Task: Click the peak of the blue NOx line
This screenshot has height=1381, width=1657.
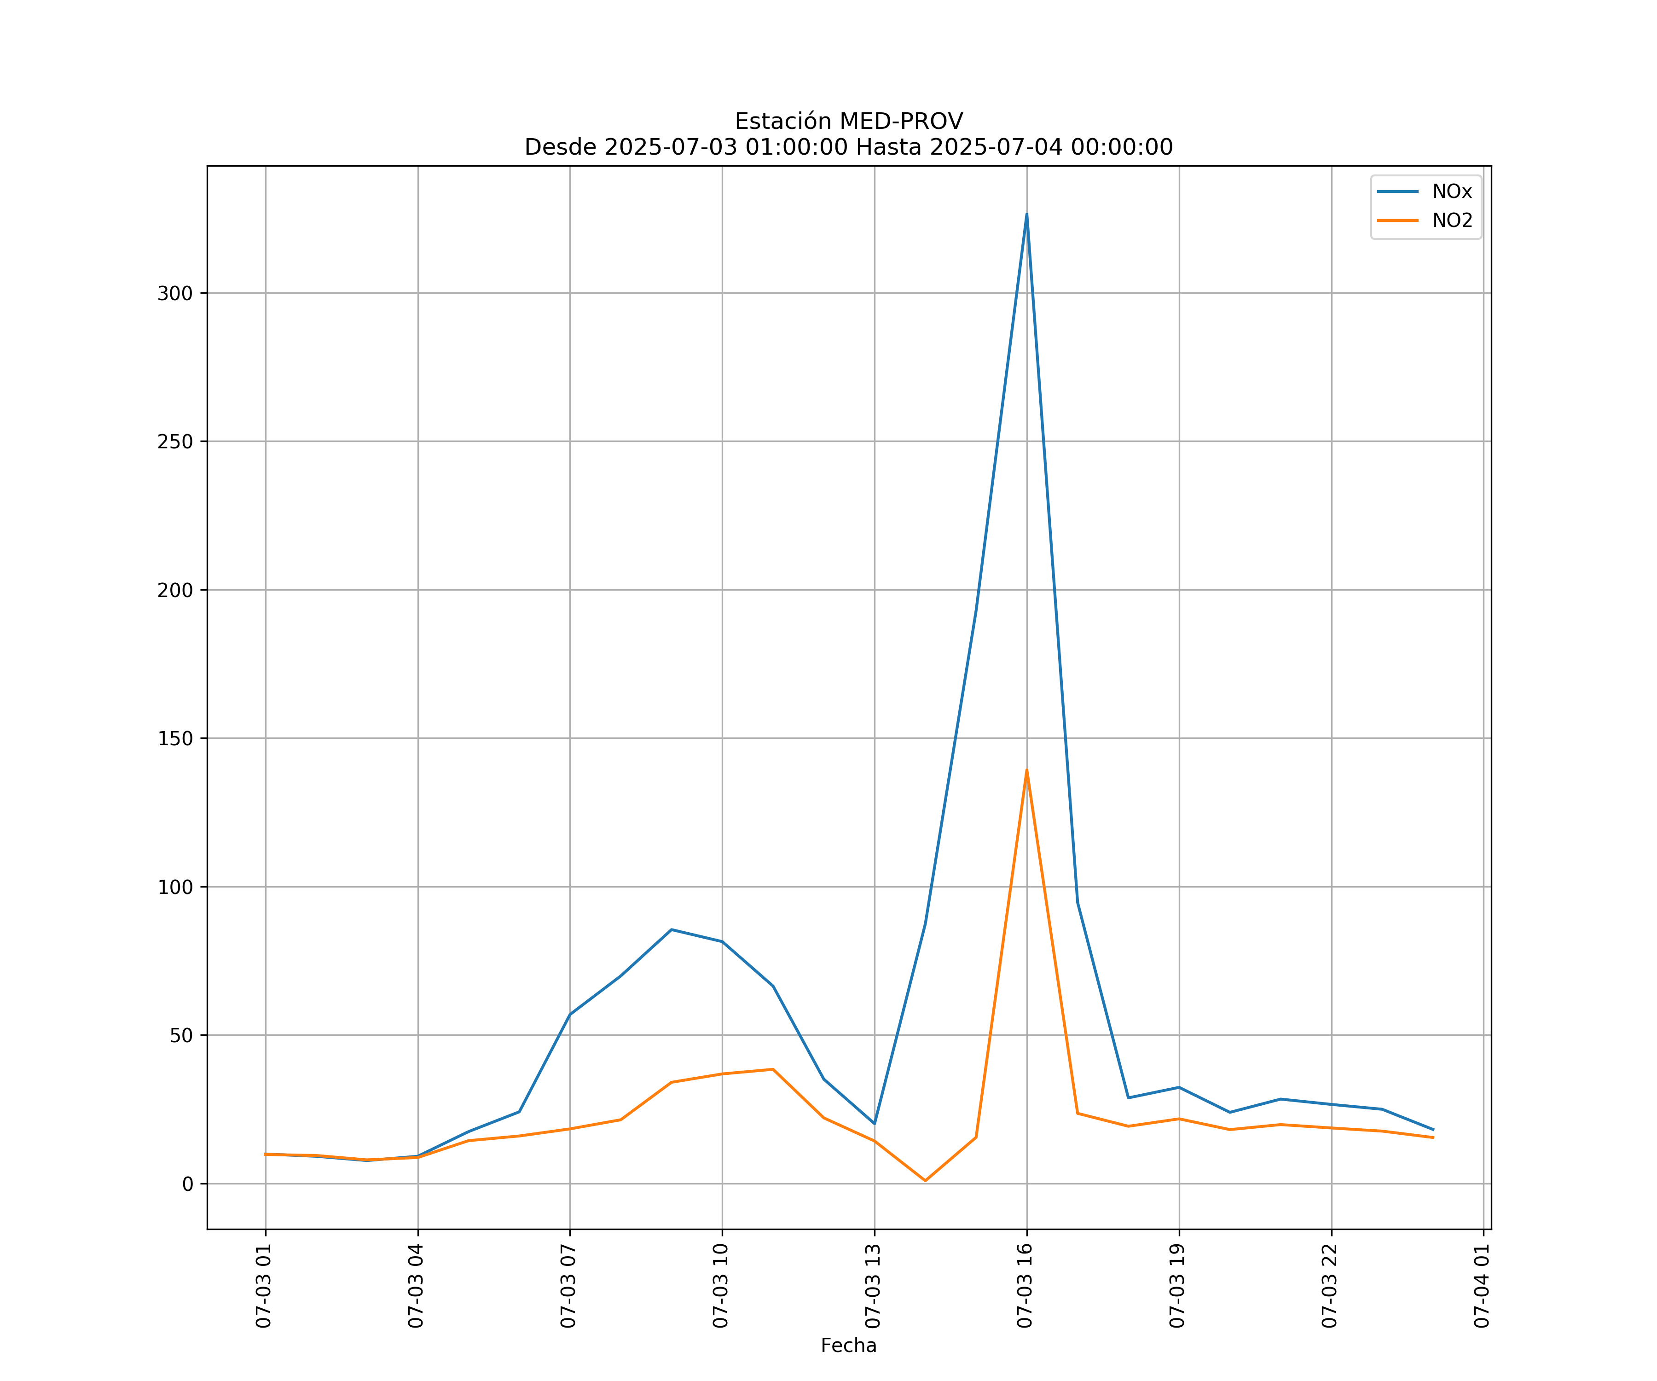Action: click(1026, 214)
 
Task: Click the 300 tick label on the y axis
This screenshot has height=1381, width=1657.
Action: click(175, 294)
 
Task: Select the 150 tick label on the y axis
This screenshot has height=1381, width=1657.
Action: click(175, 739)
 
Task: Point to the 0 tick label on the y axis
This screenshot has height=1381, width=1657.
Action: click(187, 1184)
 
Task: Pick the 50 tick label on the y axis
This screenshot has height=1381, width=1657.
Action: click(181, 1035)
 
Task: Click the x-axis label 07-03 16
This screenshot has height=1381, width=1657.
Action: click(1025, 1286)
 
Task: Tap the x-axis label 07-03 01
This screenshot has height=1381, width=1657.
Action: click(264, 1286)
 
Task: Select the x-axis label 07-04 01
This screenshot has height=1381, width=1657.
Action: click(1482, 1286)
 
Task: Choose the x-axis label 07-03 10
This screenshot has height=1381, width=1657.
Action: click(720, 1286)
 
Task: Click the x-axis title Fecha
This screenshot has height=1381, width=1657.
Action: click(848, 1346)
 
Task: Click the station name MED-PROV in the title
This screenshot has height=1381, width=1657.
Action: click(901, 122)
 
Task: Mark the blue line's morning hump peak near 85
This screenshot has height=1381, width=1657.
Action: click(672, 929)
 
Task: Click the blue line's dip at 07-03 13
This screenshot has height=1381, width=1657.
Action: click(874, 1123)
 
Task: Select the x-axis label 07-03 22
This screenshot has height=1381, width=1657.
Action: click(1330, 1286)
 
